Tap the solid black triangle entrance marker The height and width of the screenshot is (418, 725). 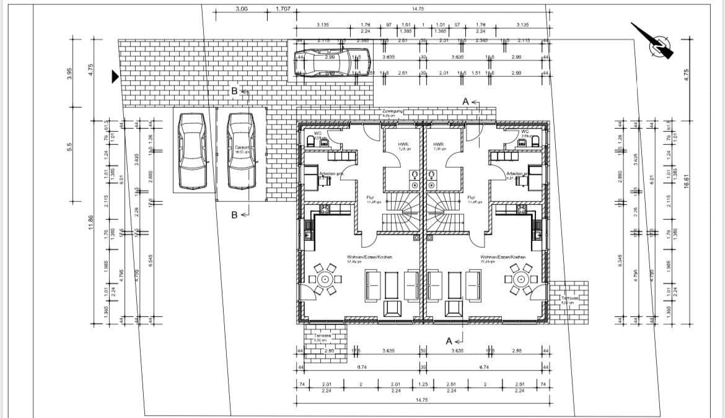tap(115, 77)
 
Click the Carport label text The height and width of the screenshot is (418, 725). tap(242, 147)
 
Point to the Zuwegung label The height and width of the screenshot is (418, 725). tap(393, 111)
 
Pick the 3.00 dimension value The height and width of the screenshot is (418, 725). tap(242, 9)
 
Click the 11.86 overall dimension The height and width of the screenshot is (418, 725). tap(91, 222)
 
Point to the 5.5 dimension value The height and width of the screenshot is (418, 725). tap(70, 147)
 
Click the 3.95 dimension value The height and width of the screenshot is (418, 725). tap(70, 74)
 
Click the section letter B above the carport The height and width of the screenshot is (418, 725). tap(235, 92)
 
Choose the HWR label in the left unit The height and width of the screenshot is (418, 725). tap(403, 144)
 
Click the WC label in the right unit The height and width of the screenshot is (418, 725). tap(525, 132)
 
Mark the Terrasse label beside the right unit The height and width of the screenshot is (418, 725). tap(569, 298)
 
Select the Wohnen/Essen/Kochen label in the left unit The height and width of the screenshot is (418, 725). tap(369, 256)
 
